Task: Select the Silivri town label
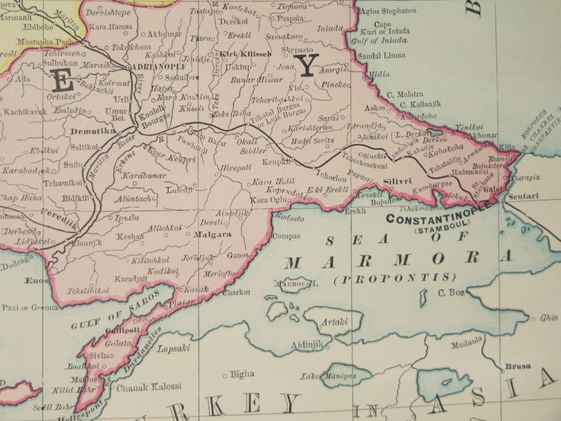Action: (x=398, y=182)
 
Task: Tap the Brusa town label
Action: (x=514, y=367)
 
